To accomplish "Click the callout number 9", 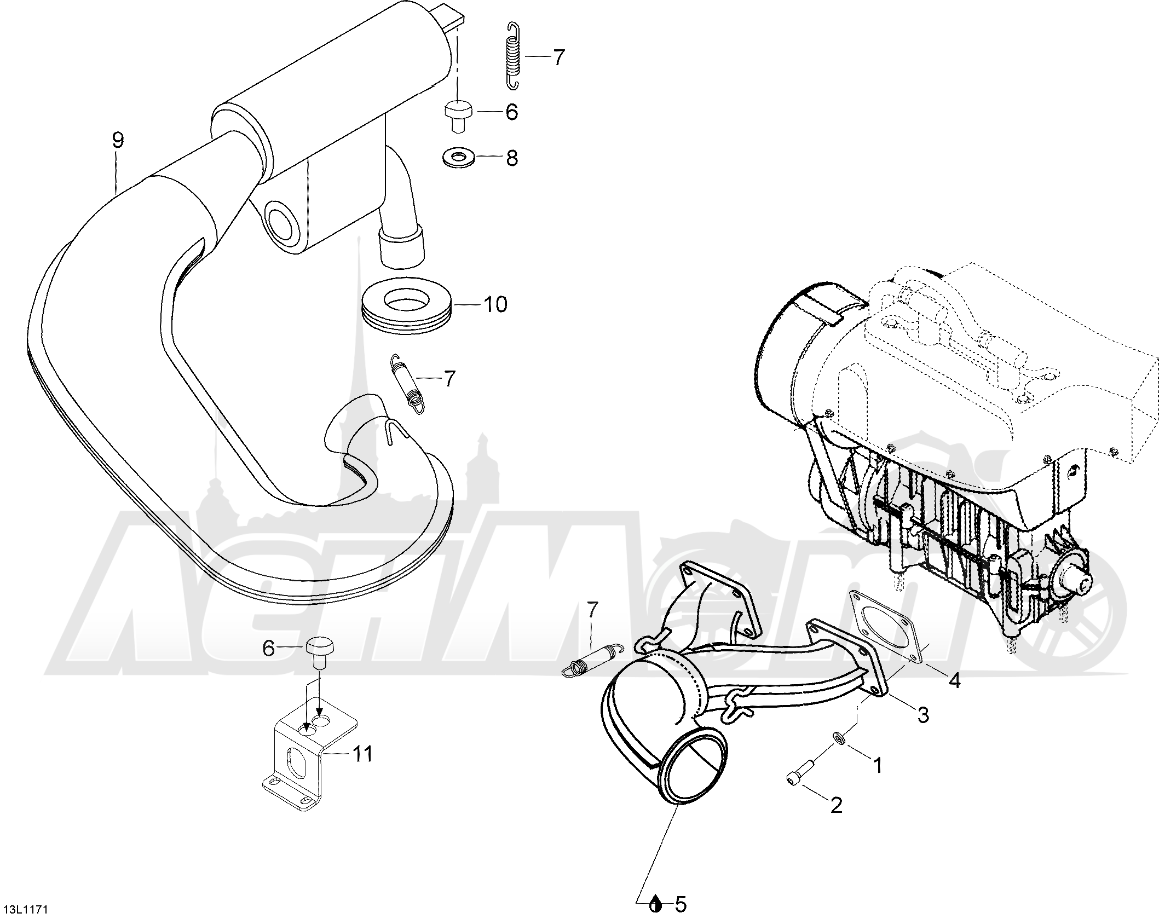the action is coord(118,140).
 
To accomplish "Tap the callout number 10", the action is coord(495,304).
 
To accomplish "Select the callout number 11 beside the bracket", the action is coord(362,754).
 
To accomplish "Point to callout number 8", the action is coord(511,158).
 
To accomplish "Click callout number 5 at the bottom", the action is coord(680,904).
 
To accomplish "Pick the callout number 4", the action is coord(954,680).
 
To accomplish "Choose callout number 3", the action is coord(923,714).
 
